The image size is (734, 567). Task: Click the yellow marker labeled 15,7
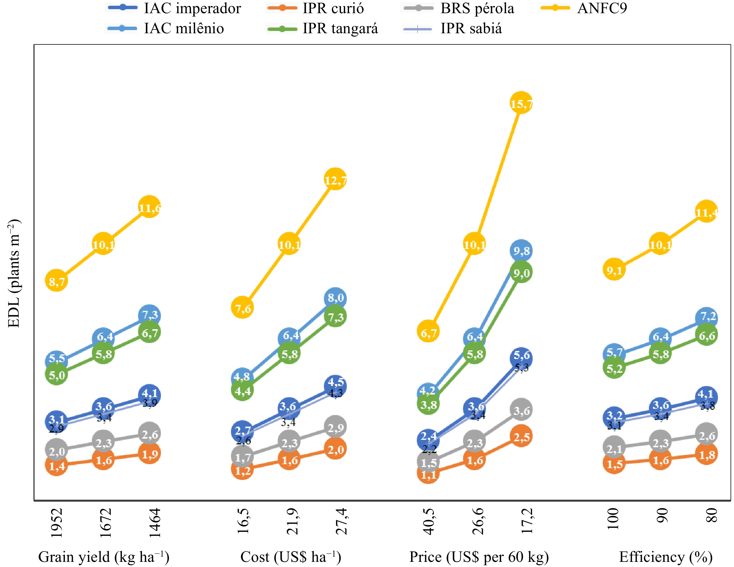521,103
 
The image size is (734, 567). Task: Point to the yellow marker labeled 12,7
335,179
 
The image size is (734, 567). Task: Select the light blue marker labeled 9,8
521,251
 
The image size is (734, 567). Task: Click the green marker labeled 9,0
521,272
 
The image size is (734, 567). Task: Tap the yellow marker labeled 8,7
57,280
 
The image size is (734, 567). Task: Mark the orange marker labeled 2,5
521,436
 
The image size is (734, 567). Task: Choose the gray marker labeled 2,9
335,427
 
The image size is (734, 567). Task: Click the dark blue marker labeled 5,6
521,358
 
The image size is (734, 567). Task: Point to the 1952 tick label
57,523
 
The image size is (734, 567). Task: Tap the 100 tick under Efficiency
614,519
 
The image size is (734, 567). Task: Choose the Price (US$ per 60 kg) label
479,557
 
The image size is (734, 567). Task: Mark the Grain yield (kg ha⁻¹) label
104,557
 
